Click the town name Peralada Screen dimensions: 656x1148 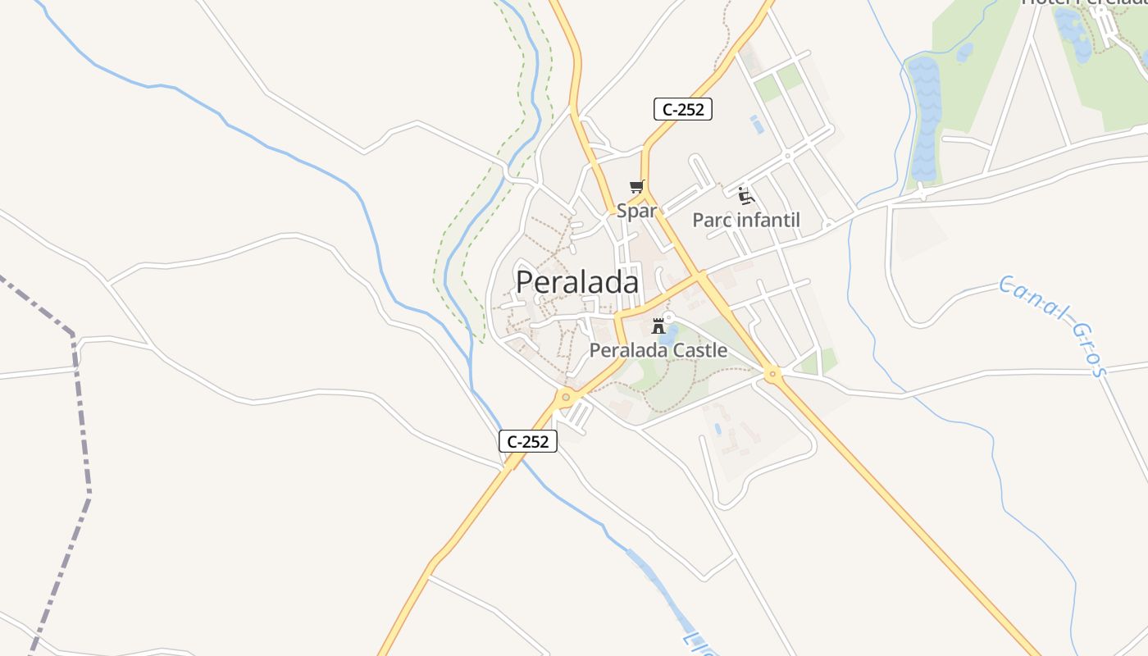point(577,282)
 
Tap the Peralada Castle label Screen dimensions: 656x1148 point(658,350)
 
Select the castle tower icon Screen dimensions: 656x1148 point(658,326)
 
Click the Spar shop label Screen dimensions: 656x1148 point(636,211)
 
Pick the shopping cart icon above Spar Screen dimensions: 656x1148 point(636,188)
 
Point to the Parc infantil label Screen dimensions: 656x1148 point(745,220)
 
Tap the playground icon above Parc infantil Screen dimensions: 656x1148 point(745,195)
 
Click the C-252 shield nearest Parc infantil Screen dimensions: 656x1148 point(682,109)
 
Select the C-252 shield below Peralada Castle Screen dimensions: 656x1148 point(528,441)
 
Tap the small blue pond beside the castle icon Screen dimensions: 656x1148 point(670,335)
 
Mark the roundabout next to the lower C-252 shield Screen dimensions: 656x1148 point(565,397)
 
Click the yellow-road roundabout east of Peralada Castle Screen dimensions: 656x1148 point(772,374)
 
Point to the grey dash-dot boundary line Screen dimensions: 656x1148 point(80,410)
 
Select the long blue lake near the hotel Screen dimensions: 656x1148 point(924,119)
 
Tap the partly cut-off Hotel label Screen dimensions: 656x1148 point(1082,3)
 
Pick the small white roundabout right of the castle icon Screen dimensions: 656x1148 point(669,317)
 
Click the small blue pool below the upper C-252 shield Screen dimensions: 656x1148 point(756,125)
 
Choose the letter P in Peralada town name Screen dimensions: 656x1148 point(526,282)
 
